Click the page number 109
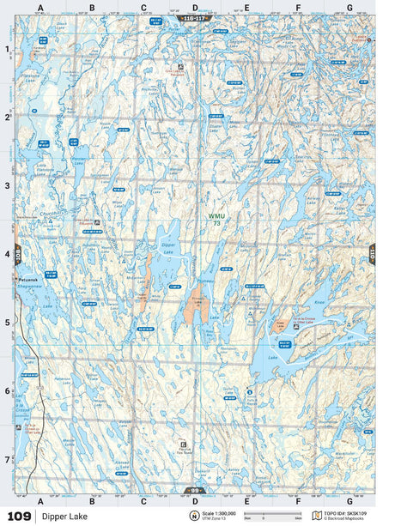[18, 516]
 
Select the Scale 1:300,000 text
[211, 512]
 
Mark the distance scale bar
[272, 514]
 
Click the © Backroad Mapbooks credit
[345, 518]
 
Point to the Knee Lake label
[319, 303]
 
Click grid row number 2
[8, 117]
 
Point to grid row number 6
[8, 390]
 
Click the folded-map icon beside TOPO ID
[317, 515]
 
